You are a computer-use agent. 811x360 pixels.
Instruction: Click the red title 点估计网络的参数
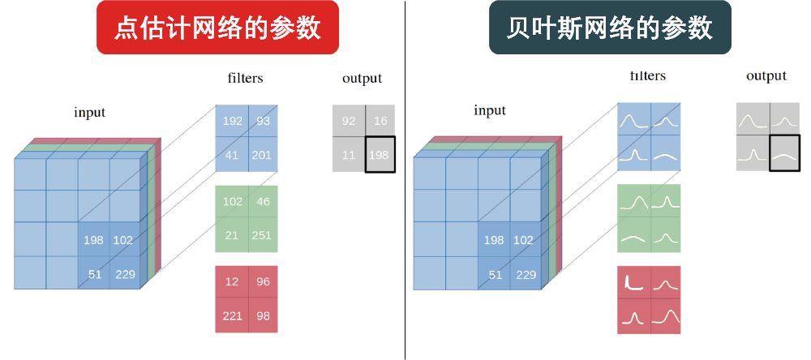(217, 28)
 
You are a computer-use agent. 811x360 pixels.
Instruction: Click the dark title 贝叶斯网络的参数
(610, 28)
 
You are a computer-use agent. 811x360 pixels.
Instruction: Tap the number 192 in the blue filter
(233, 122)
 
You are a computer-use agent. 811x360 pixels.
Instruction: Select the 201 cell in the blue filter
(263, 155)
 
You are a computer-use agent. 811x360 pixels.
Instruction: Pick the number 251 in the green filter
(263, 235)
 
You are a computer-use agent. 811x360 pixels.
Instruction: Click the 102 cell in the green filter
(233, 202)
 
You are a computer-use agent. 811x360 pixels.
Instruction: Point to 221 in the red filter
(233, 315)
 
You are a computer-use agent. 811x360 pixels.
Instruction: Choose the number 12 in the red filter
(233, 282)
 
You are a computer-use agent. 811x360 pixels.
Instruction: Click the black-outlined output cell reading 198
(379, 154)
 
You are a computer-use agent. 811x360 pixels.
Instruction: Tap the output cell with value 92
(349, 122)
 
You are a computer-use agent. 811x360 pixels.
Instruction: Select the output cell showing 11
(349, 154)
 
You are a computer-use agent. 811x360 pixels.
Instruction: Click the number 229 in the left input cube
(125, 274)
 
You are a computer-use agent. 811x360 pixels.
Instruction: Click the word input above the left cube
(89, 113)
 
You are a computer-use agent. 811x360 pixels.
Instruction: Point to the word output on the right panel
(766, 75)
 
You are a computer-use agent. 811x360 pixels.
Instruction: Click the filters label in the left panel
(245, 79)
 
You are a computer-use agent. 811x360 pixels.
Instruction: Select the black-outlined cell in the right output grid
(784, 152)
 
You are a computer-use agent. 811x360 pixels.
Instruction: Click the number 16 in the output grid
(379, 122)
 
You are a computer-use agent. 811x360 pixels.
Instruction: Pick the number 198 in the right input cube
(494, 240)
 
